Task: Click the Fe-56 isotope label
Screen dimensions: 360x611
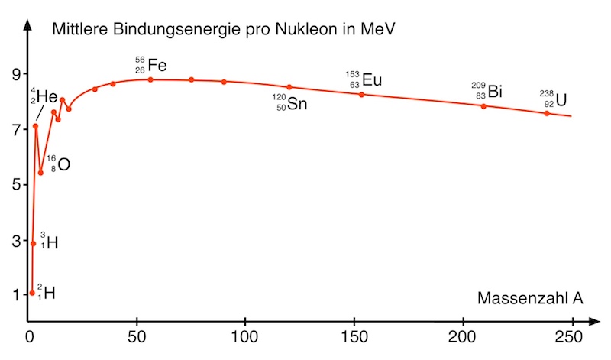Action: [x=150, y=65]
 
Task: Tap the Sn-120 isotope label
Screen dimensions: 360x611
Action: [x=290, y=102]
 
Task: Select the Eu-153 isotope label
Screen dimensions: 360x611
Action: [x=363, y=79]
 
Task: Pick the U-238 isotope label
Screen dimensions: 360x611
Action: [x=555, y=99]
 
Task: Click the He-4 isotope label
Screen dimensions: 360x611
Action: [x=44, y=96]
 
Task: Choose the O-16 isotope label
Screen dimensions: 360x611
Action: [x=58, y=164]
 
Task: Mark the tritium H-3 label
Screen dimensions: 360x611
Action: [x=49, y=242]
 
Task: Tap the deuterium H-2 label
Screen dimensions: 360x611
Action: [x=46, y=292]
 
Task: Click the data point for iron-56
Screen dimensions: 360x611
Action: [x=150, y=79]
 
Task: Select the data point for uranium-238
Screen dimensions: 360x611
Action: [x=547, y=113]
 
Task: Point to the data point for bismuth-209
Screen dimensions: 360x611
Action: [x=483, y=106]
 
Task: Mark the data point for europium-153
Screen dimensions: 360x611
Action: [x=361, y=94]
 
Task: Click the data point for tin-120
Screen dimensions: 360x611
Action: [x=289, y=87]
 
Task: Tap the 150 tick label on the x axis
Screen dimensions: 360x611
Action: [x=353, y=336]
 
